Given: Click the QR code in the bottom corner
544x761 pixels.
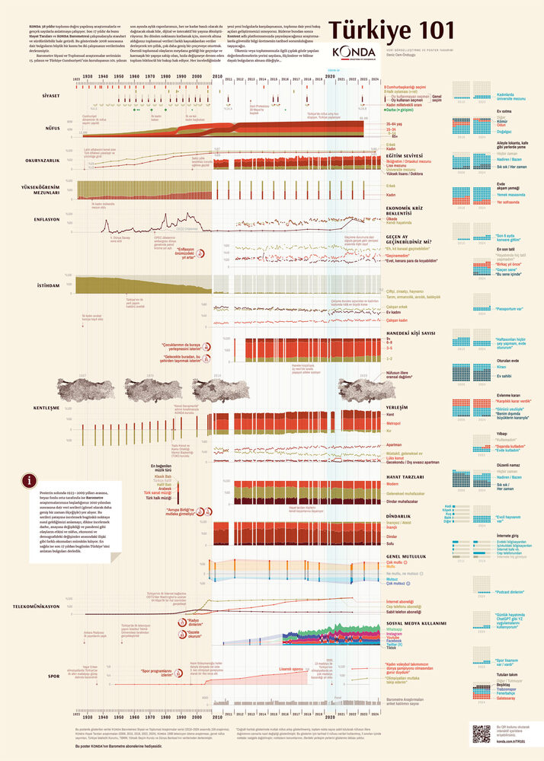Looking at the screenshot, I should point(481,733).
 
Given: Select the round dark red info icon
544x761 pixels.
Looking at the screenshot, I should point(29,480).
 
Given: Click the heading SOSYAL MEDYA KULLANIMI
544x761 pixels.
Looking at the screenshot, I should point(415,622).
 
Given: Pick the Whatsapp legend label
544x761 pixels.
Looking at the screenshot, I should point(394,629).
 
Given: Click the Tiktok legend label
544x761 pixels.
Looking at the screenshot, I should point(391,648).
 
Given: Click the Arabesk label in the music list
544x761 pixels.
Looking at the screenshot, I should point(158,487).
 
